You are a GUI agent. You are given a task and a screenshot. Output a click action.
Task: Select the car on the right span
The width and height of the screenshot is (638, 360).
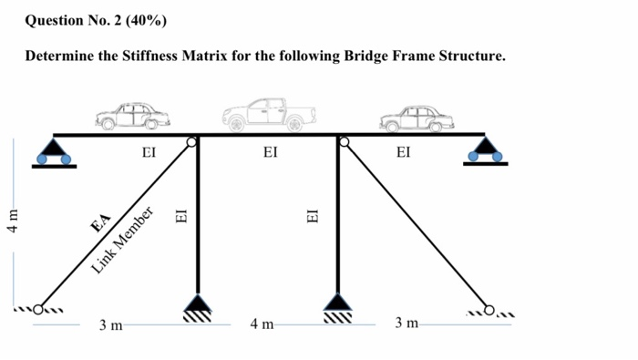point(416,118)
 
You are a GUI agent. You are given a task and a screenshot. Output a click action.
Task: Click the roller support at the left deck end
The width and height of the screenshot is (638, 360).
point(54,151)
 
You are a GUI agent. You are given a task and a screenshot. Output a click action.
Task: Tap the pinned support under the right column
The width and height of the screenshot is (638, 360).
point(338,306)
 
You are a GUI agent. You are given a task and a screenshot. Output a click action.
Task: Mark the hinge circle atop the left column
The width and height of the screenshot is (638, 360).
point(192,142)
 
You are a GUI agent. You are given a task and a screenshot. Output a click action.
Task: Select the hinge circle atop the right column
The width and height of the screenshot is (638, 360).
point(344,142)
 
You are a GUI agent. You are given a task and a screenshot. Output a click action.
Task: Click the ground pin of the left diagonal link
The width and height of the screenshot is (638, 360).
point(39,308)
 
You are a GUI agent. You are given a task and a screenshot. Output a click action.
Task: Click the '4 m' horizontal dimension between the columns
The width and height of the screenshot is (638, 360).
point(262,324)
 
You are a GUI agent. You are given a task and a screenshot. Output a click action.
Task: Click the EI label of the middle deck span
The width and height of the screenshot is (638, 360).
point(270,154)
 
